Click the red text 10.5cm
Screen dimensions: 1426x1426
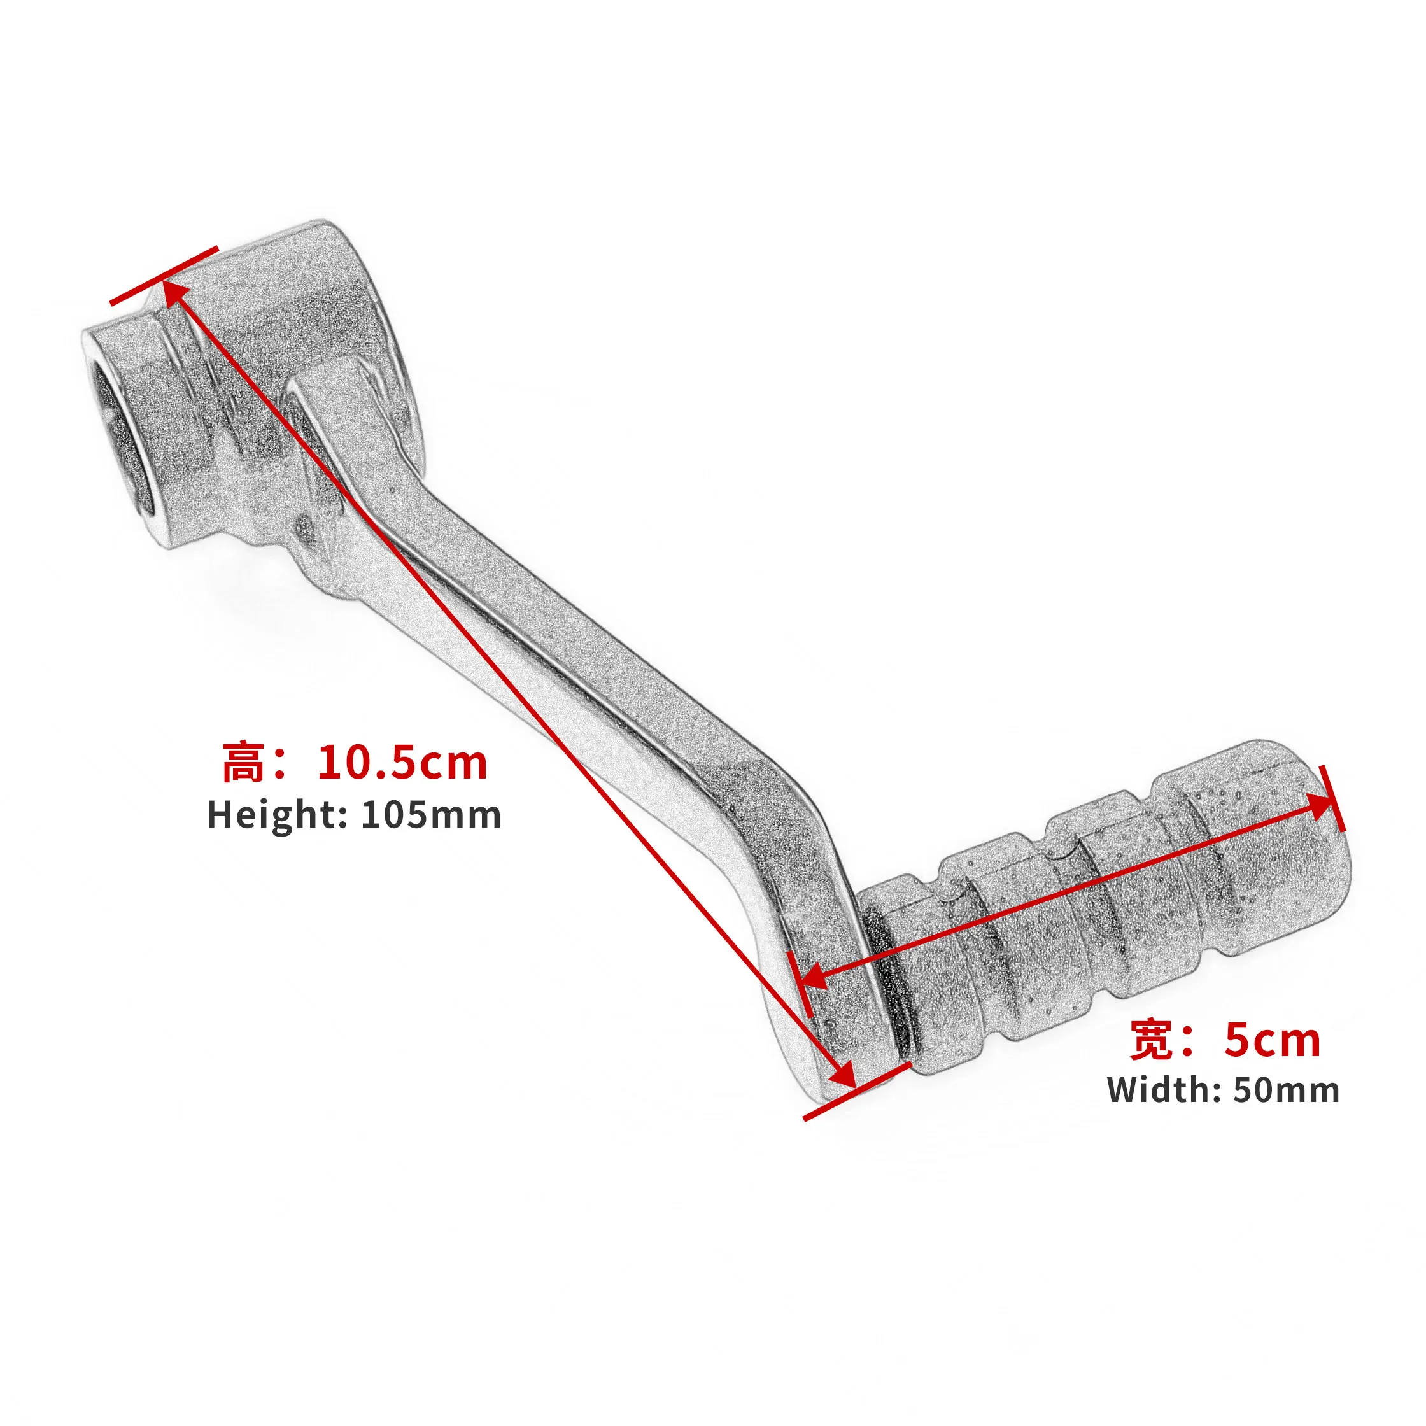coord(402,763)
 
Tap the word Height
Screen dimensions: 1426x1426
coord(272,815)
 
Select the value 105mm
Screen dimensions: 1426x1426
coord(431,815)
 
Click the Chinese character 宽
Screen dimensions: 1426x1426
coord(1151,1040)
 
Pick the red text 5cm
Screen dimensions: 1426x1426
coord(1272,1040)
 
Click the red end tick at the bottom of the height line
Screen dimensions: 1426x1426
coord(856,1092)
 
